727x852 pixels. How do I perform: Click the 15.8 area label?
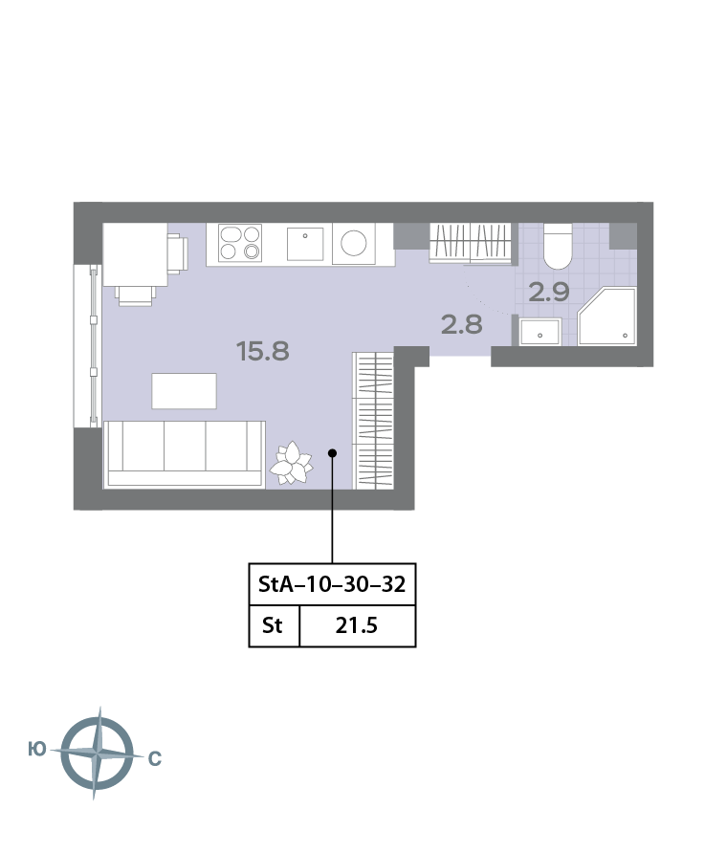pyautogui.click(x=263, y=351)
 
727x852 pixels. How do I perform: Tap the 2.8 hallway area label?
pyautogui.click(x=462, y=324)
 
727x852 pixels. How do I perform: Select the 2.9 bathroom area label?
pyautogui.click(x=549, y=293)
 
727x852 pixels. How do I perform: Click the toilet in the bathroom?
pyautogui.click(x=558, y=246)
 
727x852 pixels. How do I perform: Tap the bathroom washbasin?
pyautogui.click(x=540, y=332)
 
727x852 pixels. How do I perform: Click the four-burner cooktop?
pyautogui.click(x=240, y=243)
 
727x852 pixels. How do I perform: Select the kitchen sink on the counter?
pyautogui.click(x=305, y=244)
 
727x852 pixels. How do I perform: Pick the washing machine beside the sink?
pyautogui.click(x=353, y=244)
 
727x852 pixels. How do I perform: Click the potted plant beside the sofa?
pyautogui.click(x=292, y=463)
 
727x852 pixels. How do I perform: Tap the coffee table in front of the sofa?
pyautogui.click(x=184, y=391)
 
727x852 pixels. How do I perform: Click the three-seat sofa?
pyautogui.click(x=185, y=454)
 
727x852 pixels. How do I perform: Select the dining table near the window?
pyautogui.click(x=135, y=254)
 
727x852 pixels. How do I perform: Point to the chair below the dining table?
pyautogui.click(x=136, y=295)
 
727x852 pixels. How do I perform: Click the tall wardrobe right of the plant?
pyautogui.click(x=373, y=421)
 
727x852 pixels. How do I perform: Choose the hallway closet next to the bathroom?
pyautogui.click(x=471, y=243)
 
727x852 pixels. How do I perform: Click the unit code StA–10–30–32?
pyautogui.click(x=332, y=584)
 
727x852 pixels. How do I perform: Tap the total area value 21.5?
pyautogui.click(x=356, y=625)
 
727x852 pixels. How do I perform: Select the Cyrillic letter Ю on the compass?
pyautogui.click(x=37, y=750)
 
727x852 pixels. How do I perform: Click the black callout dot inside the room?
pyautogui.click(x=332, y=452)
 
